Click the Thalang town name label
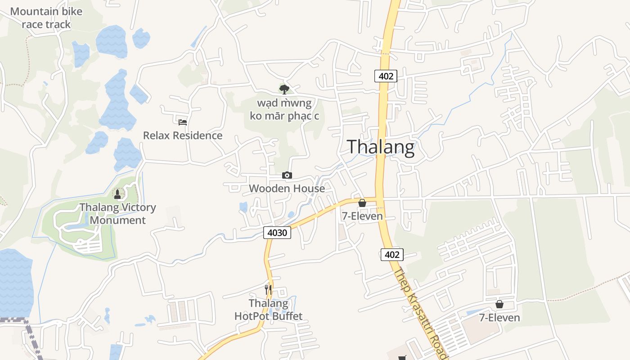click(381, 147)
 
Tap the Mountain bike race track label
click(46, 18)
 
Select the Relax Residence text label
click(183, 135)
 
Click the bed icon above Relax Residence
click(183, 122)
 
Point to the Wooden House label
click(287, 189)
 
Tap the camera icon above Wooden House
click(287, 175)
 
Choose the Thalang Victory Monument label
click(118, 214)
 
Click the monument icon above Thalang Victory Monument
click(118, 194)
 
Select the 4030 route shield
click(277, 233)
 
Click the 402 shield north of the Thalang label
click(386, 76)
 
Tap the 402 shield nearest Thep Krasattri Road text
click(392, 255)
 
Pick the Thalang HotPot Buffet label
click(269, 310)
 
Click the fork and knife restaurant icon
click(269, 289)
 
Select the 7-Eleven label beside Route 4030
click(362, 216)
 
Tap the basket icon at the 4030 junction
click(362, 203)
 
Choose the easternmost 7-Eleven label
click(499, 318)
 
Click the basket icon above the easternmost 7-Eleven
click(499, 305)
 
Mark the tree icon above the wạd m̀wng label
click(284, 90)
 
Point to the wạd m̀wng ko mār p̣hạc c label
click(284, 109)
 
